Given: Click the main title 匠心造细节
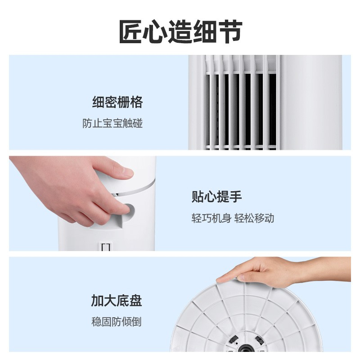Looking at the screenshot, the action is coord(180,31).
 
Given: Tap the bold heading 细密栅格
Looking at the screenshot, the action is coord(117,102).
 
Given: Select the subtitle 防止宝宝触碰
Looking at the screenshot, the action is coord(112,123).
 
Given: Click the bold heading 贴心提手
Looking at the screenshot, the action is coord(216,197).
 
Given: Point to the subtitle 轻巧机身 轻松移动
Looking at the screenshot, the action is coord(233,218).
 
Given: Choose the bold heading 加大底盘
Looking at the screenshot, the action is coord(117,300).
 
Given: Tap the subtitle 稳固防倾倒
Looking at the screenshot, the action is coord(116,322).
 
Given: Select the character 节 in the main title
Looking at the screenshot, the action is coord(230,31).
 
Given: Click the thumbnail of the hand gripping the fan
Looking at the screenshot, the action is coord(83,203).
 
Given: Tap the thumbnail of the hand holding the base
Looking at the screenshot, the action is coord(261,304).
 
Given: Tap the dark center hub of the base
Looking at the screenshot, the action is coord(246,348).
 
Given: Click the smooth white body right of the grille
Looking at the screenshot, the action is coord(311,103).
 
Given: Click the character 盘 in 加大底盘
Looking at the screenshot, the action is coord(136,300).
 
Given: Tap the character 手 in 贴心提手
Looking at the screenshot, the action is coord(235,197).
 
